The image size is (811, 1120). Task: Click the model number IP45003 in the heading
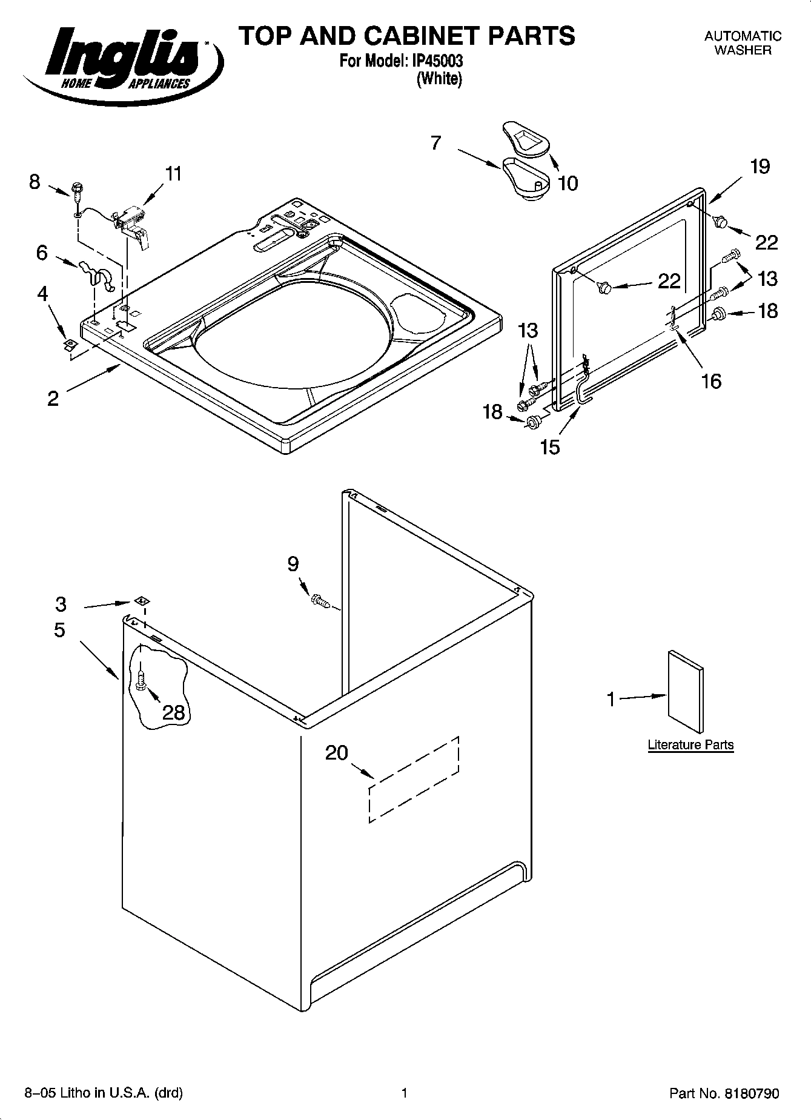click(440, 62)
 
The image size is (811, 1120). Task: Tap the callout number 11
click(173, 174)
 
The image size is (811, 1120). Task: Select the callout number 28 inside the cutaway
click(174, 712)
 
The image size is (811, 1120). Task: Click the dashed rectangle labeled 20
click(414, 780)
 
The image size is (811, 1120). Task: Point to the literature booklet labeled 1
click(686, 692)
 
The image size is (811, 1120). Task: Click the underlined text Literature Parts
click(690, 744)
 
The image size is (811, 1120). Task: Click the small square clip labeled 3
click(144, 601)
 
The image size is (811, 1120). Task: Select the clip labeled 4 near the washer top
click(70, 345)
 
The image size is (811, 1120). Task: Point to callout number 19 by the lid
click(760, 166)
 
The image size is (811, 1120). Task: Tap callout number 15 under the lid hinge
click(551, 447)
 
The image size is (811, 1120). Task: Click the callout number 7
click(436, 143)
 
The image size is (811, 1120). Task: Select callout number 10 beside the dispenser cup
click(568, 182)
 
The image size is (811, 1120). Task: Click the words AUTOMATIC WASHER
click(743, 43)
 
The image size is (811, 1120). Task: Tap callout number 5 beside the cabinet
click(59, 629)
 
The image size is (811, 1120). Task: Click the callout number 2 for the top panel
click(53, 398)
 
